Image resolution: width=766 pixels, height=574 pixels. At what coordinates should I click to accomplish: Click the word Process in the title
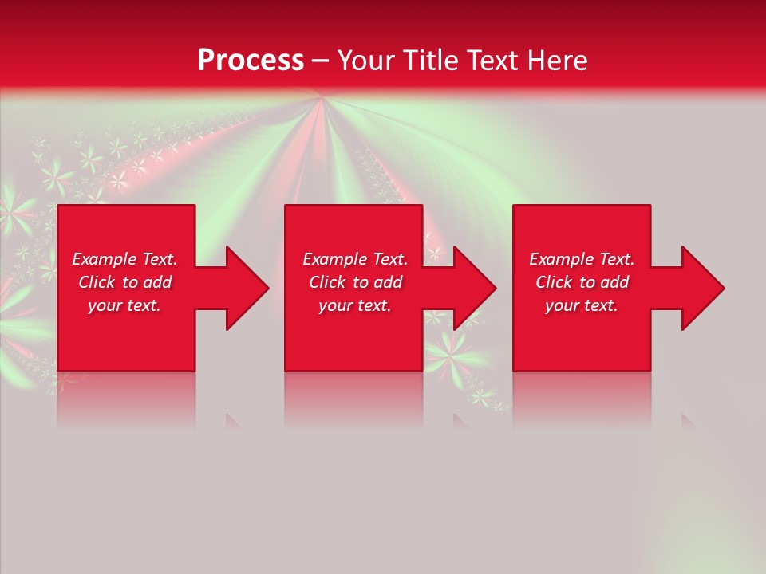pyautogui.click(x=251, y=60)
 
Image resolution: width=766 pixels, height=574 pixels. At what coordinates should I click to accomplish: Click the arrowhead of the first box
pyautogui.click(x=244, y=288)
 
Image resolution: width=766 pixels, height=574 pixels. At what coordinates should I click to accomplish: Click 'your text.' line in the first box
pyautogui.click(x=124, y=305)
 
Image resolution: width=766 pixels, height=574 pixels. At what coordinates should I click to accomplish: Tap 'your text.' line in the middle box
pyautogui.click(x=354, y=305)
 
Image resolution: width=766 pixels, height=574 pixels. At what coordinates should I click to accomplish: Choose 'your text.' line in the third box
pyautogui.click(x=582, y=305)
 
